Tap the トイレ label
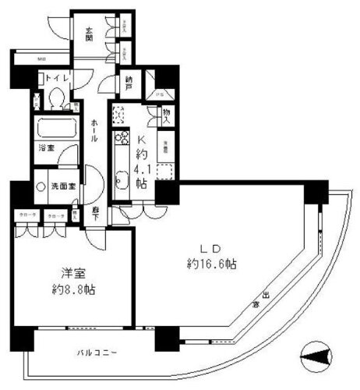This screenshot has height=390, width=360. coord(59,77)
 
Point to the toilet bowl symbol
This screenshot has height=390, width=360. coord(56,97)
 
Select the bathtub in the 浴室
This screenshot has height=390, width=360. coord(55,128)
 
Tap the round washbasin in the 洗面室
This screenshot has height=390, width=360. coord(40,187)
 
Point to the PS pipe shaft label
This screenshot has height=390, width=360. coord(161,97)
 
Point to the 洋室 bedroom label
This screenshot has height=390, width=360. coord(72,274)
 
